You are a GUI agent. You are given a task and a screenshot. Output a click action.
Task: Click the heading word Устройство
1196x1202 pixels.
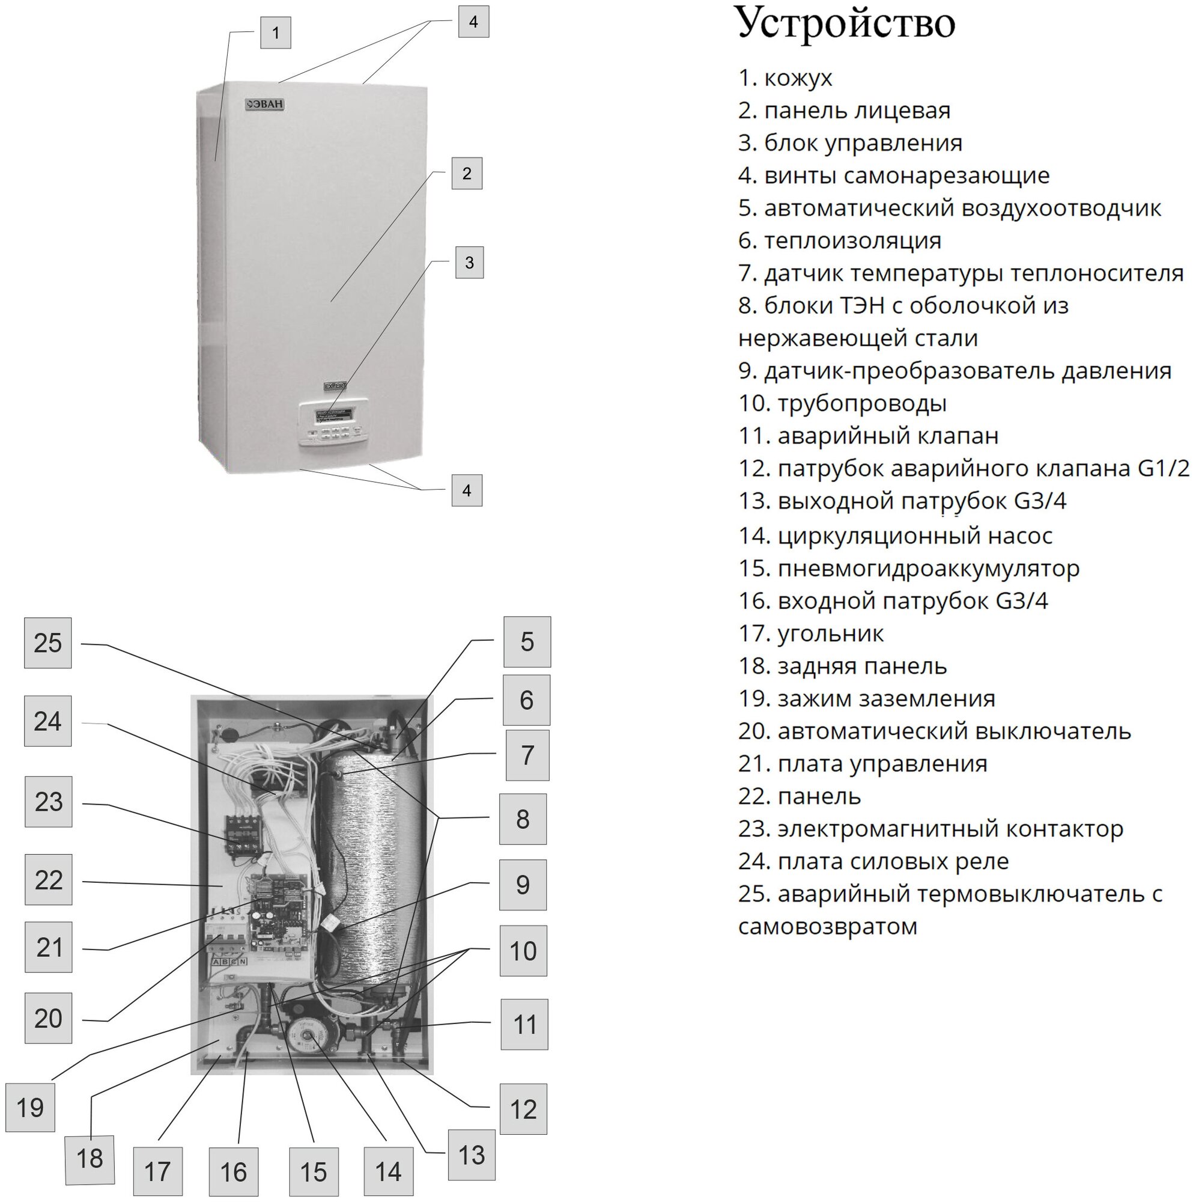click(x=845, y=23)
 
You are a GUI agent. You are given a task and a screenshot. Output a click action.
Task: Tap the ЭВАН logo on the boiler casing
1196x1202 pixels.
click(x=264, y=105)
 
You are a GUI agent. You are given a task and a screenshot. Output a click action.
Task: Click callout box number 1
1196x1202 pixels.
click(x=276, y=32)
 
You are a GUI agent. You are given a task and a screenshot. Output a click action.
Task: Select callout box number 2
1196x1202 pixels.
click(x=467, y=174)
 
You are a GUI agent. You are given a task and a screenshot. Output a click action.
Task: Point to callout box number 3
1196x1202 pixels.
click(x=469, y=263)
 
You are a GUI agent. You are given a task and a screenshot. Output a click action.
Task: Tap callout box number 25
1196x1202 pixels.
click(x=48, y=643)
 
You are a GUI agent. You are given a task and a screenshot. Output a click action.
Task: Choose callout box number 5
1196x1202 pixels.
click(x=527, y=642)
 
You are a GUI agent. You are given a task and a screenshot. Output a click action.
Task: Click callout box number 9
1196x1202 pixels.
click(x=523, y=885)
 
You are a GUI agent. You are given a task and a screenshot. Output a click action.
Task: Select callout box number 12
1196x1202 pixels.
click(x=523, y=1109)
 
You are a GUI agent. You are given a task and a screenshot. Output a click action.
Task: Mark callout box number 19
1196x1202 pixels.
click(x=30, y=1108)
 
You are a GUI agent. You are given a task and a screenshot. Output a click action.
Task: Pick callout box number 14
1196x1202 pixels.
click(x=388, y=1171)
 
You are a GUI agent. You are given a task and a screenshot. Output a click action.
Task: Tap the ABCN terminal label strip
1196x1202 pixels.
click(x=229, y=962)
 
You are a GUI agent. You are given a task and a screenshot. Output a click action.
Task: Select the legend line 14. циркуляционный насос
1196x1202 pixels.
click(x=895, y=535)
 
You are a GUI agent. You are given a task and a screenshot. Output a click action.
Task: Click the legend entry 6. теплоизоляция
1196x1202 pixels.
click(x=840, y=241)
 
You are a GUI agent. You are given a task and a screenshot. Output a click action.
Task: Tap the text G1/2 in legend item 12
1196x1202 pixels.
click(x=1163, y=468)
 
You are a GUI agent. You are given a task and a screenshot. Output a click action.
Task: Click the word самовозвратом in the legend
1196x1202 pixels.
click(x=828, y=926)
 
